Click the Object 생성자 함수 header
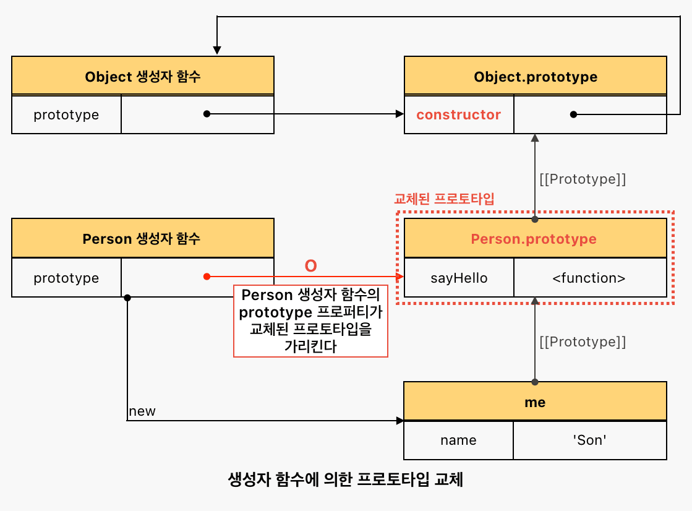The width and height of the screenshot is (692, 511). (x=143, y=75)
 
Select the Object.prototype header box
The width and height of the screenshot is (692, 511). (x=536, y=75)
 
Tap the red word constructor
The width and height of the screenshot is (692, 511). (x=458, y=115)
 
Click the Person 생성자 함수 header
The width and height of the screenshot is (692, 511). (x=143, y=238)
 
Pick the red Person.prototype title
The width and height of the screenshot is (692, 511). (x=534, y=239)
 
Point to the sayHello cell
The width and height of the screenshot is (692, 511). (x=459, y=278)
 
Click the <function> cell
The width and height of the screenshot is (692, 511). (x=590, y=278)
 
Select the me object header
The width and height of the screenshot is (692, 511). (x=535, y=401)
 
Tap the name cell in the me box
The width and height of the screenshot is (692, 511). (x=458, y=440)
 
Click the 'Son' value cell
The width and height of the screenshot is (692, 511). (x=589, y=440)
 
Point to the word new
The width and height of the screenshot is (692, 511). (x=142, y=411)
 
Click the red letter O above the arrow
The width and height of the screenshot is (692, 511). (x=310, y=266)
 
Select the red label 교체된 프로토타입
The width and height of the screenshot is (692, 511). (x=444, y=199)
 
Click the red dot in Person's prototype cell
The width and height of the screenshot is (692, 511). (x=207, y=277)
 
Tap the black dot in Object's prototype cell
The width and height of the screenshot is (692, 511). (x=207, y=114)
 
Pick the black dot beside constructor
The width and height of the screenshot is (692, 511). (x=573, y=114)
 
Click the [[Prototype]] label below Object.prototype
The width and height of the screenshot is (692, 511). (x=583, y=179)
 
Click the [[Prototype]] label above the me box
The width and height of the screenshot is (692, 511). (x=583, y=341)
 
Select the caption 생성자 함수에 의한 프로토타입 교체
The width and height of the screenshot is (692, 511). (x=346, y=479)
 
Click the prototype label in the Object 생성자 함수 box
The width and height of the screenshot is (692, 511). (x=66, y=115)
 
